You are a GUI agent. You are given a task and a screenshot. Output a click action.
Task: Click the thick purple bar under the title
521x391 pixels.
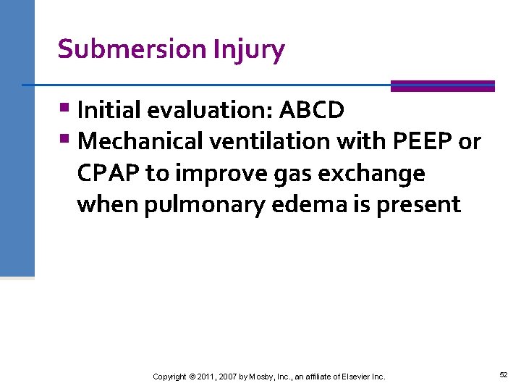click(442, 86)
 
